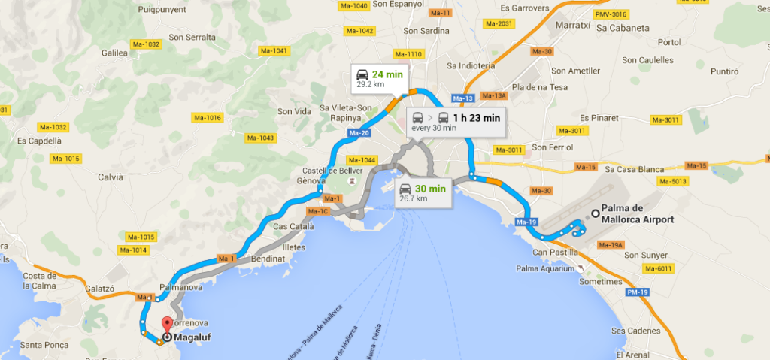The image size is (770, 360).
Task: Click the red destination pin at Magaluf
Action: tap(166, 325)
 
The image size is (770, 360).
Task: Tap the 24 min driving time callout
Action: tap(379, 78)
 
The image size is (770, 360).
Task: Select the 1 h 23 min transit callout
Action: tap(455, 121)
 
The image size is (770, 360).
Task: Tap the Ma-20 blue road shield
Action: tap(359, 133)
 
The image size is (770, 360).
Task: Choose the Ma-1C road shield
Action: tap(320, 211)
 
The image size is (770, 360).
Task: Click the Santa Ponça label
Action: tap(45, 346)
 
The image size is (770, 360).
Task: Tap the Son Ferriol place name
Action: tap(553, 147)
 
